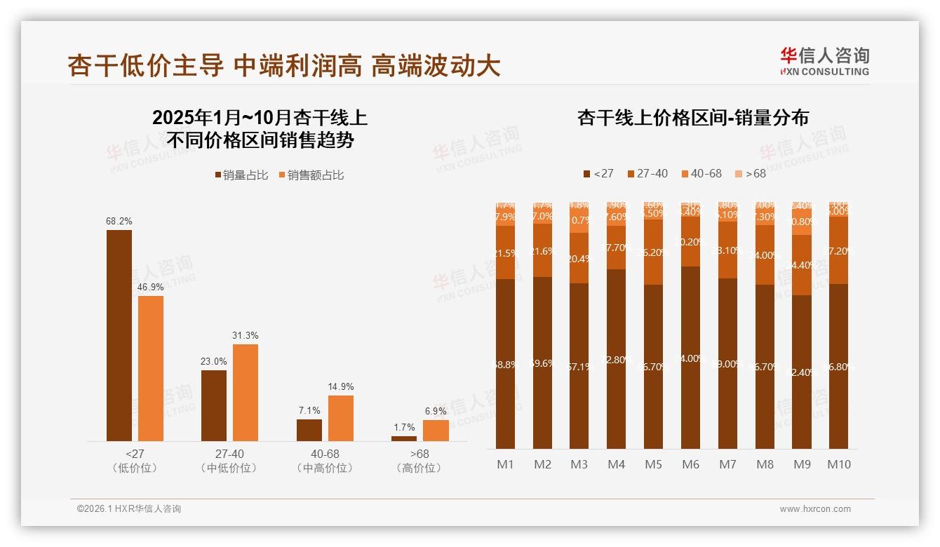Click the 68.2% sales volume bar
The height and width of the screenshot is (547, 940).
coord(119,335)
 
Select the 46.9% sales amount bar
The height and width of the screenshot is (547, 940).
coord(151,368)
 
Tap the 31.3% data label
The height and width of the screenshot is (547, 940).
coord(245,335)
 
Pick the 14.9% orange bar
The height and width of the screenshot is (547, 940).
coord(341,418)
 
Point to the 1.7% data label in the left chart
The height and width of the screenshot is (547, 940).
coord(404,427)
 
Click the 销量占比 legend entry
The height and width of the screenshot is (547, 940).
coord(241,175)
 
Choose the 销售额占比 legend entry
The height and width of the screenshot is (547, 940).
coord(311,175)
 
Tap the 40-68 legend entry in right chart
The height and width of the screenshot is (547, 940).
coord(701,173)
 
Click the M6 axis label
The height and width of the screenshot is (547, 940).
coord(690,464)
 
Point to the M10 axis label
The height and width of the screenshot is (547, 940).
coord(838,464)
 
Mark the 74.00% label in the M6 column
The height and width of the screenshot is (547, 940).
coord(690,358)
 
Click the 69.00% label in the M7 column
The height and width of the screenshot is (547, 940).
coord(727,364)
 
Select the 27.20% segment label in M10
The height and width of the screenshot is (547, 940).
coord(838,250)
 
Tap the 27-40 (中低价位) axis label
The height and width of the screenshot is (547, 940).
coord(229,461)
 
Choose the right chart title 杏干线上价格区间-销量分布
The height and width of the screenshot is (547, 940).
coord(692,118)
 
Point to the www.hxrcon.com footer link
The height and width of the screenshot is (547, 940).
coord(814,509)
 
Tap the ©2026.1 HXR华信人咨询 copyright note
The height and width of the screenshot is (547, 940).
coord(128,509)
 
